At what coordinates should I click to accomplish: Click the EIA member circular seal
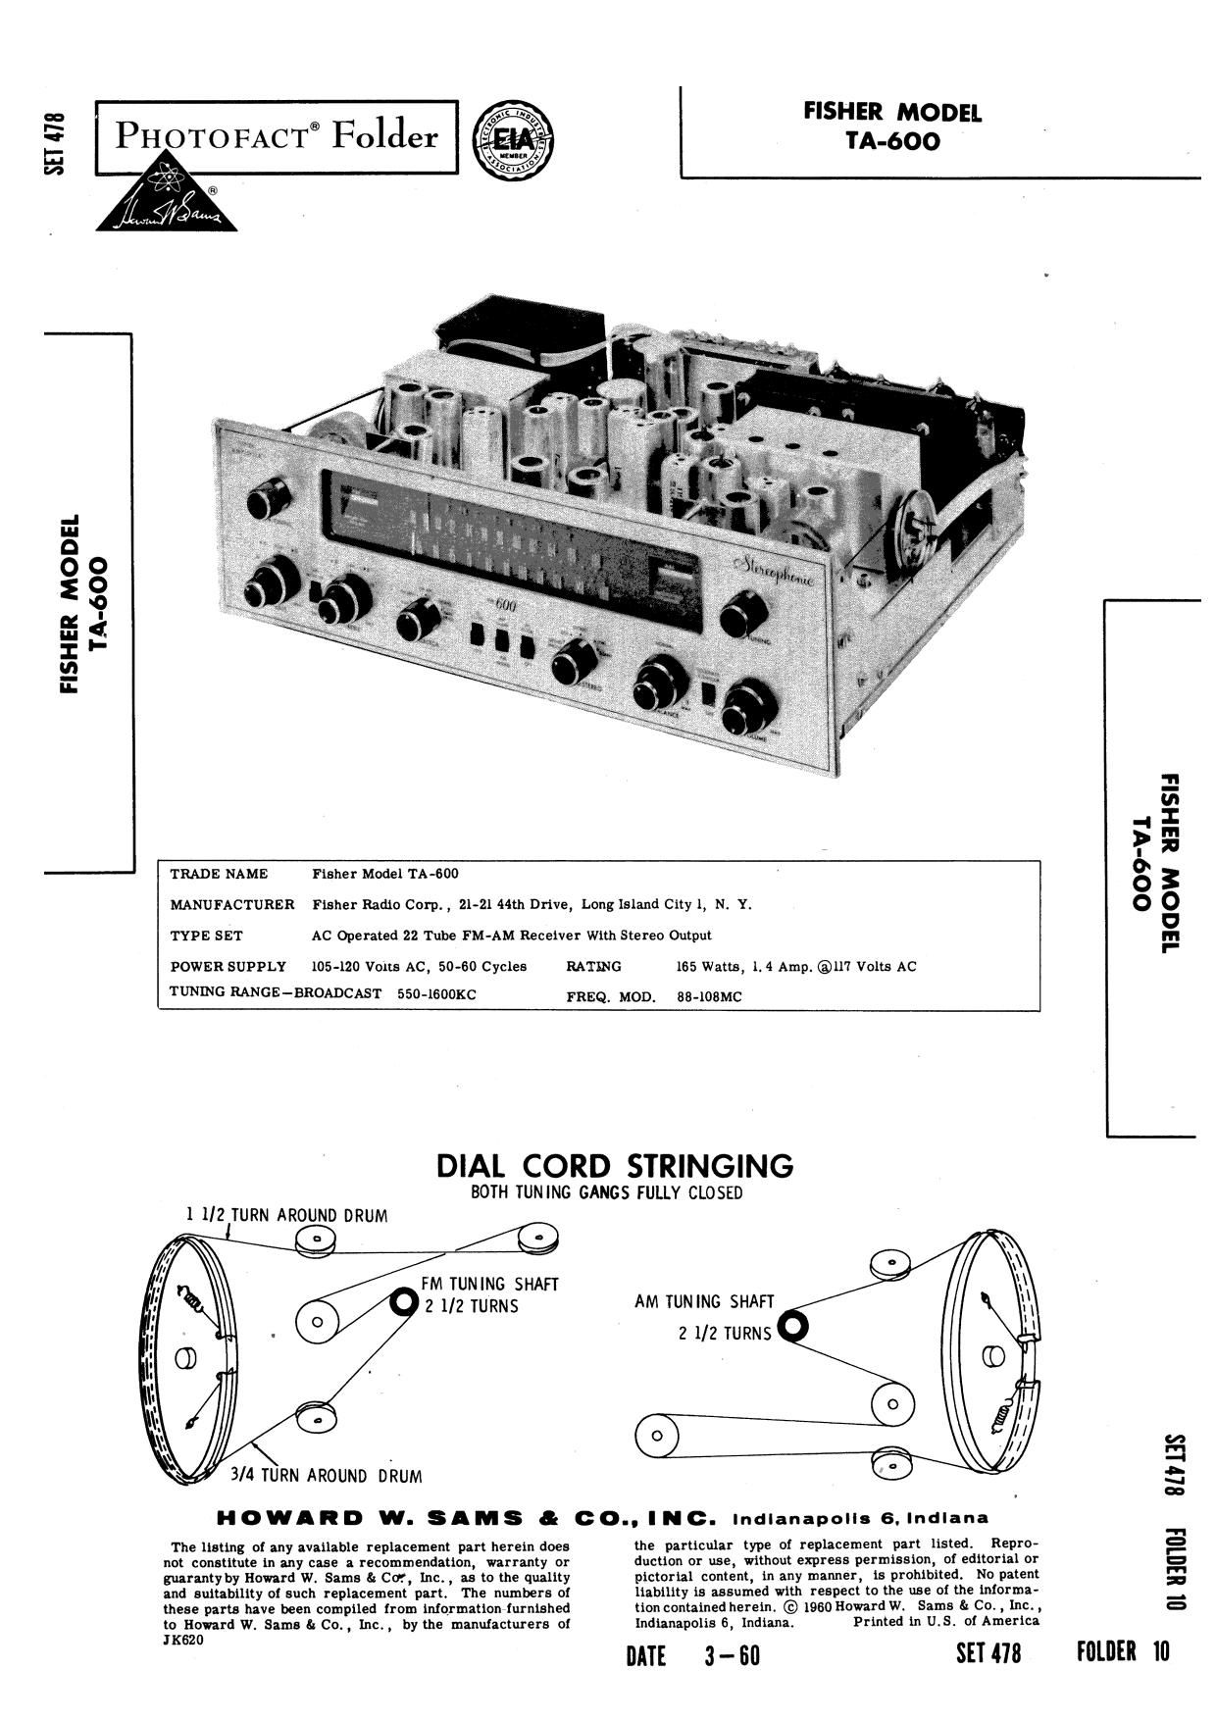click(x=512, y=138)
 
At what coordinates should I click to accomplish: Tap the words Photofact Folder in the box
click(x=277, y=135)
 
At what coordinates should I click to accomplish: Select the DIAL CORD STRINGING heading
click(x=614, y=1166)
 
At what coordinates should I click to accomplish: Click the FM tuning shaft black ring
click(x=403, y=1302)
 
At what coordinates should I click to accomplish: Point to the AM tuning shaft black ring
click(x=792, y=1327)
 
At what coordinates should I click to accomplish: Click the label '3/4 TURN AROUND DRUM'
click(x=326, y=1476)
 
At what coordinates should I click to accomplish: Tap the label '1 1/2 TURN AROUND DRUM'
click(x=286, y=1215)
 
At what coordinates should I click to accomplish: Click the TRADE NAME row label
click(x=219, y=874)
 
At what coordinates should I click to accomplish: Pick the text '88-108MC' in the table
click(x=709, y=997)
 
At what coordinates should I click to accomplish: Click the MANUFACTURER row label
click(x=232, y=904)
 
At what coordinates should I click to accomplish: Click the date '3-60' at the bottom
click(x=732, y=1655)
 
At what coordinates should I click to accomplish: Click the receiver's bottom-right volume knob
click(x=750, y=707)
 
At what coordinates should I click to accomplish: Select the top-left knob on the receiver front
click(x=268, y=499)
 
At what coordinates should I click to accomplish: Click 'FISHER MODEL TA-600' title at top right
click(x=892, y=127)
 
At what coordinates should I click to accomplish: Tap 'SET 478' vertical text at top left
click(x=55, y=143)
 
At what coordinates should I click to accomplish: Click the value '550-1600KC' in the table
click(x=436, y=993)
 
